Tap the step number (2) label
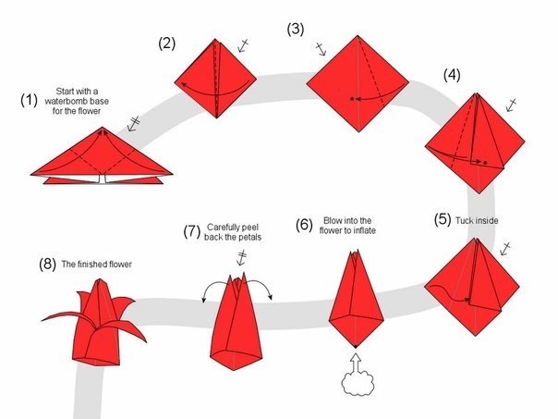click(166, 43)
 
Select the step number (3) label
click(296, 29)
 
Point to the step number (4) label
click(453, 74)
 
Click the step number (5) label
click(443, 221)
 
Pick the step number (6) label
click(305, 225)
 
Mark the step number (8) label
click(47, 264)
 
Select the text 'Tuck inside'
click(477, 222)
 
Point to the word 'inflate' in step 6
click(363, 230)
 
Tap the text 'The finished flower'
click(97, 265)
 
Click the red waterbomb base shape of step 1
click(103, 157)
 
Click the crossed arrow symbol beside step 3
click(321, 49)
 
